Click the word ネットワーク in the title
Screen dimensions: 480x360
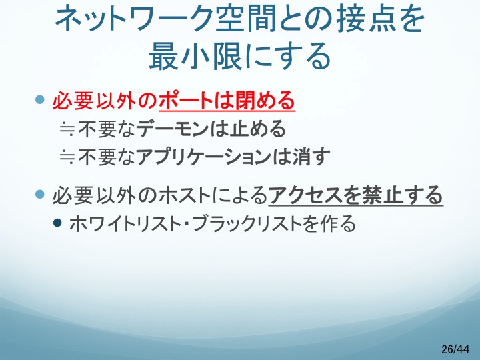pyautogui.click(x=135, y=19)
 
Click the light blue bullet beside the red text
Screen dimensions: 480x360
pyautogui.click(x=40, y=99)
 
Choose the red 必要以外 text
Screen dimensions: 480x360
pyautogui.click(x=94, y=101)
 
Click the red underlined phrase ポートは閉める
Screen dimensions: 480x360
pyautogui.click(x=227, y=101)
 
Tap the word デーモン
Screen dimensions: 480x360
pyautogui.click(x=173, y=129)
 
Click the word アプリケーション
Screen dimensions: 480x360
pyautogui.click(x=203, y=157)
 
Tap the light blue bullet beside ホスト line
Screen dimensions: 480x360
pyautogui.click(x=40, y=194)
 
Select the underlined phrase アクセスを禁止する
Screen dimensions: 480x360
pyautogui.click(x=356, y=195)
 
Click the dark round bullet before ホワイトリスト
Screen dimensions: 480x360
pyautogui.click(x=57, y=222)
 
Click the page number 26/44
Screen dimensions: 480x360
pyautogui.click(x=455, y=349)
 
